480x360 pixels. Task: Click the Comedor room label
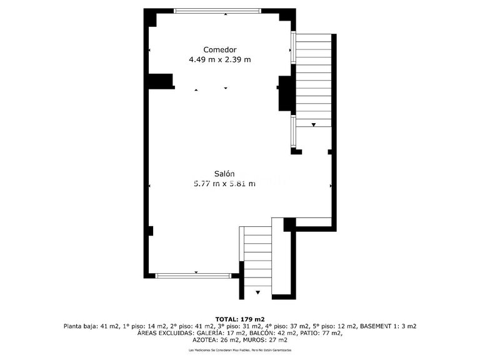(220, 49)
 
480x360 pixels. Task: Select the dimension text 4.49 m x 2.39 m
(220, 60)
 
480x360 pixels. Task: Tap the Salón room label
(224, 173)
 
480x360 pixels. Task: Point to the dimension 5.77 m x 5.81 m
(224, 184)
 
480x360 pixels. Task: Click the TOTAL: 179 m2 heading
(240, 319)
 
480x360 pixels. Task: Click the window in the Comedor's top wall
(217, 11)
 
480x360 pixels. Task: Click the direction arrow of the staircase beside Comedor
(314, 125)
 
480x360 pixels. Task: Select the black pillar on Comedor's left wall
(161, 81)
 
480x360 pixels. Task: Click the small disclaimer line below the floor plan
(240, 351)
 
